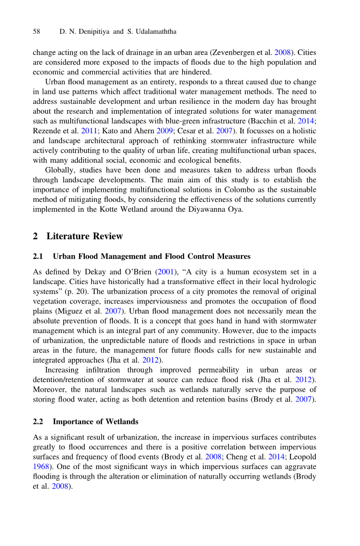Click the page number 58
pos(36,32)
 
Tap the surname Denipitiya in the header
pos(91,32)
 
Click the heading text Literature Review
pos(84,236)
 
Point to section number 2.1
pos(37,257)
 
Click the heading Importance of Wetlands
pos(96,422)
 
